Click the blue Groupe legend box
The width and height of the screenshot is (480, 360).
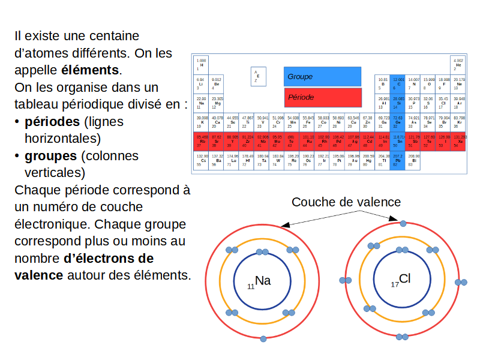click(x=322, y=76)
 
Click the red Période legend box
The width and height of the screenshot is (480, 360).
click(x=322, y=97)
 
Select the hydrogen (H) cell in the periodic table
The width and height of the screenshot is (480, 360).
click(x=202, y=64)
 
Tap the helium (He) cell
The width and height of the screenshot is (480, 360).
click(x=458, y=64)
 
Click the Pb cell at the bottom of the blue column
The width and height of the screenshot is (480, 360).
click(x=397, y=160)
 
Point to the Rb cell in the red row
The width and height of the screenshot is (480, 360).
click(x=202, y=141)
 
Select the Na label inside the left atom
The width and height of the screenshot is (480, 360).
click(x=263, y=281)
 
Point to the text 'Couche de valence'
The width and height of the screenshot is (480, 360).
click(x=346, y=202)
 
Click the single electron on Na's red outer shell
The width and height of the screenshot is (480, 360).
click(x=263, y=339)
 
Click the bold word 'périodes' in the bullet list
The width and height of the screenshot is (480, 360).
click(x=52, y=122)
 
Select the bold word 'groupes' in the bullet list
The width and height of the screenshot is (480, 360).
click(x=50, y=156)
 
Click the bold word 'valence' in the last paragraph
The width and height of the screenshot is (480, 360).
click(x=38, y=275)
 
